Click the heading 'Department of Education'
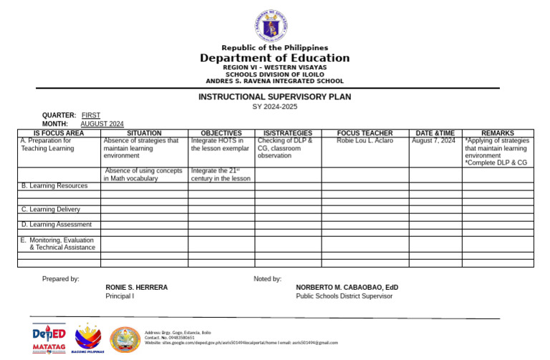(275, 58)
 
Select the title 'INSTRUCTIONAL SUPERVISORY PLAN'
(275, 97)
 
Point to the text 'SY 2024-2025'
(275, 107)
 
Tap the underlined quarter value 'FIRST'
(91, 115)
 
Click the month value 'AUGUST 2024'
(102, 124)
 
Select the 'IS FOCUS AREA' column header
(59, 133)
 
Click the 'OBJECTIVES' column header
(221, 133)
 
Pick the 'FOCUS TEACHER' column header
(365, 133)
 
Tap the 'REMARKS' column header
(497, 133)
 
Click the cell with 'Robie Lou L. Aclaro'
(365, 141)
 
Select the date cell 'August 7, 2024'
(434, 141)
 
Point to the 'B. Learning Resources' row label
(54, 186)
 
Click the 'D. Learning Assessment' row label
(57, 225)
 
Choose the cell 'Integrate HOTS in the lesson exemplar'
(221, 145)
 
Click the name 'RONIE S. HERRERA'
(137, 287)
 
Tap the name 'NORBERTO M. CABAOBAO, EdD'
(347, 287)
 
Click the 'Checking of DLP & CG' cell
(286, 148)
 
